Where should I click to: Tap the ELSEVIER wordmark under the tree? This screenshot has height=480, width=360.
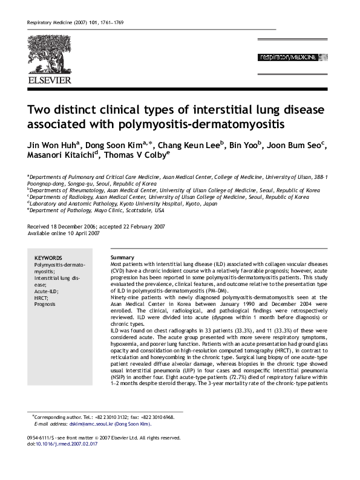49,79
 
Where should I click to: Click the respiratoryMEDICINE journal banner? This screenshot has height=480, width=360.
288,57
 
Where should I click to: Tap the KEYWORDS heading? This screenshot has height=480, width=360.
48,258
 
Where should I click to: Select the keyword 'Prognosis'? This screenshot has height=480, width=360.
45,304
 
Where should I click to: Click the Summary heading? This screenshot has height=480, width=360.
123,258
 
